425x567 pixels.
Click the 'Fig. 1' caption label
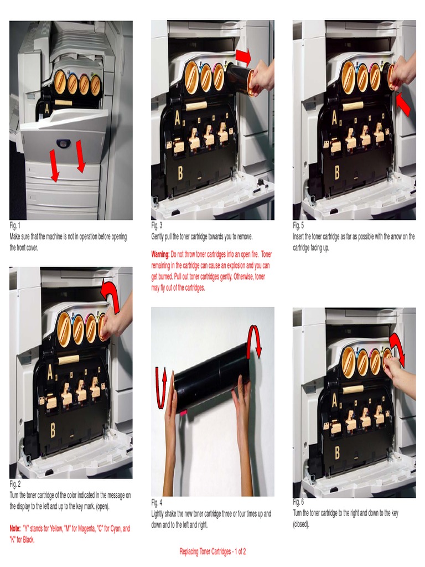point(15,226)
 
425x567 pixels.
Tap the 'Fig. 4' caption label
point(157,503)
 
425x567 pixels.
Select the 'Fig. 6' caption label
point(298,502)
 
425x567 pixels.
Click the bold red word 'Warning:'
point(160,254)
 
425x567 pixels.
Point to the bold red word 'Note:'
point(15,529)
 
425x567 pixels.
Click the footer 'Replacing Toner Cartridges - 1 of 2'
point(212,551)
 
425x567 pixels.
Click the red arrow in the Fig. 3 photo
point(243,56)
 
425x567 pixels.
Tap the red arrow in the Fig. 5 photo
point(403,105)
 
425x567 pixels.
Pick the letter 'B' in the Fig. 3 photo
point(180,173)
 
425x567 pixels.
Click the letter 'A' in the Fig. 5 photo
point(335,118)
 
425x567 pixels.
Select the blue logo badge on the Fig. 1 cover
point(63,143)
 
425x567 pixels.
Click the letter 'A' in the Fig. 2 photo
point(50,373)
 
